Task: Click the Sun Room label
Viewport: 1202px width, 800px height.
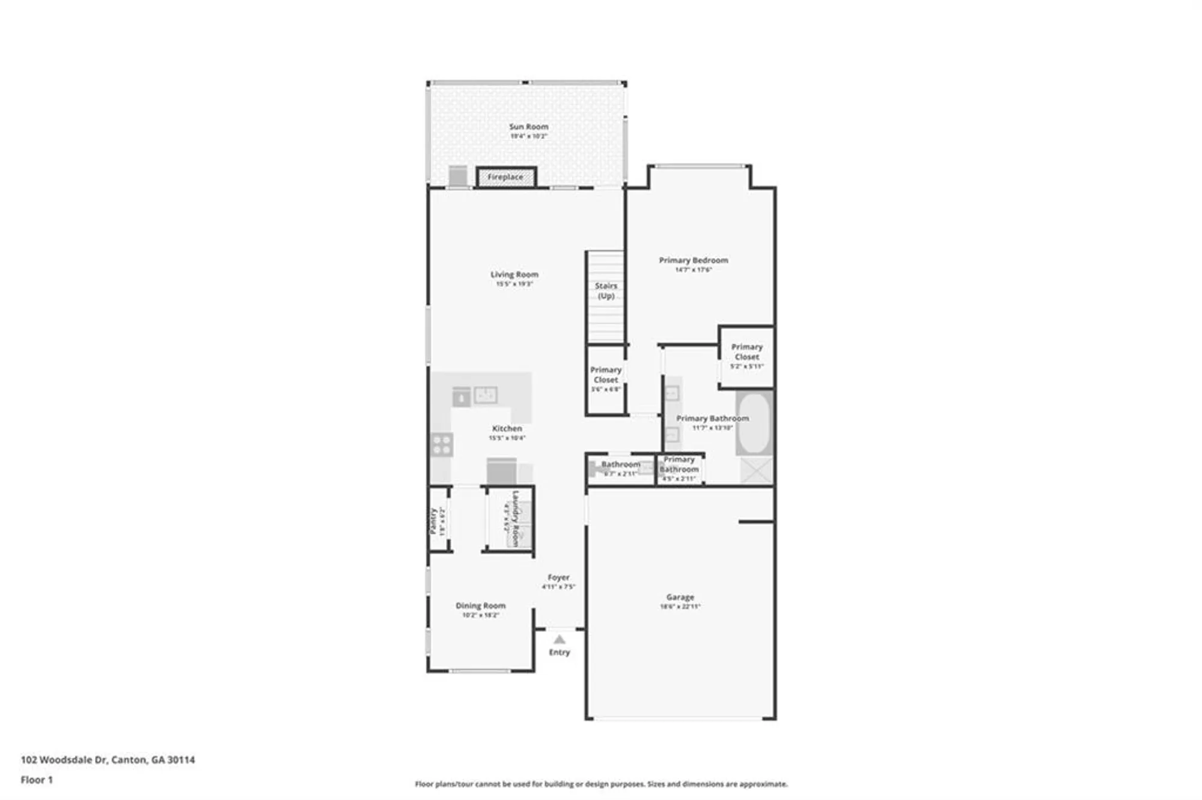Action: coord(528,127)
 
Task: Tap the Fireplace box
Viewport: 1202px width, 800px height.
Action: coord(505,177)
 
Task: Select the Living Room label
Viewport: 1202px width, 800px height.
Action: coord(514,274)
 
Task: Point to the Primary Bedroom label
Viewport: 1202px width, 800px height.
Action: coord(693,260)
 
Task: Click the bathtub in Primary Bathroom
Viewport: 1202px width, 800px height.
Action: coord(754,423)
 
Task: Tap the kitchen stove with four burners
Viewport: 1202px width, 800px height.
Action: coord(442,445)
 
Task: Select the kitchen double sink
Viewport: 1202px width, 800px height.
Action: coord(486,395)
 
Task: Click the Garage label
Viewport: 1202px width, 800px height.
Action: coord(680,597)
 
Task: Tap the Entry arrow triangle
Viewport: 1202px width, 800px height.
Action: coord(559,640)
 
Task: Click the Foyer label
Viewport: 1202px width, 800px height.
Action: coord(558,577)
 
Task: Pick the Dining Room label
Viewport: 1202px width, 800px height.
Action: coord(480,605)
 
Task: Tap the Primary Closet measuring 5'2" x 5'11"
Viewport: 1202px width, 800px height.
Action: coord(746,356)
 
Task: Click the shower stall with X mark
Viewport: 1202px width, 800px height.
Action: coord(755,470)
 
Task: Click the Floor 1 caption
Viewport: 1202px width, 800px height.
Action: coord(37,780)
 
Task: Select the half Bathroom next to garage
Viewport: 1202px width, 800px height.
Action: coord(620,469)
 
